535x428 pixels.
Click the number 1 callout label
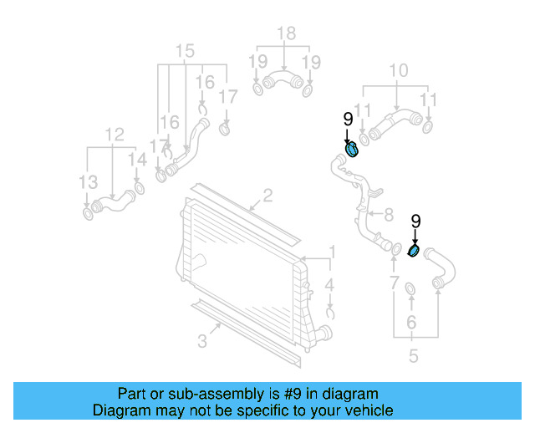pos(332,252)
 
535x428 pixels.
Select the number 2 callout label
pos(267,197)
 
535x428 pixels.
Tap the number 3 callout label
pos(202,339)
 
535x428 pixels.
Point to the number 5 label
pos(413,357)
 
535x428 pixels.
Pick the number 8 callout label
pos(388,215)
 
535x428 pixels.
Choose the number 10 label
pos(399,70)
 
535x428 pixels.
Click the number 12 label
pos(114,134)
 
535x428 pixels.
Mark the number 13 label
pos(88,181)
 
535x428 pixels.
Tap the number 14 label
pos(137,160)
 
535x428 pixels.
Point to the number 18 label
pos(286,33)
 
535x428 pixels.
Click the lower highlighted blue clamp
pos(414,251)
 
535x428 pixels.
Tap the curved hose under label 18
pos(282,83)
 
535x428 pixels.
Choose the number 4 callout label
pos(330,285)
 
